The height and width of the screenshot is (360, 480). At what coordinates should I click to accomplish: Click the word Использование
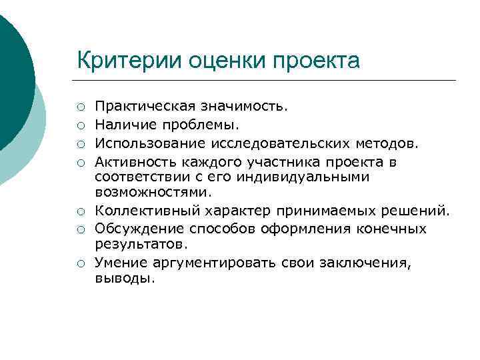(141, 141)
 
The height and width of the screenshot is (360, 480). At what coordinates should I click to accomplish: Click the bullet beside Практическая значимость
(80, 107)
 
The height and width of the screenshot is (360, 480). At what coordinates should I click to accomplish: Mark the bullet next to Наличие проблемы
(80, 124)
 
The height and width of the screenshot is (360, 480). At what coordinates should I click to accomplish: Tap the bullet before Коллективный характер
(80, 212)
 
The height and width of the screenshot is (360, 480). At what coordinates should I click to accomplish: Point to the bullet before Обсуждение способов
(80, 229)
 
